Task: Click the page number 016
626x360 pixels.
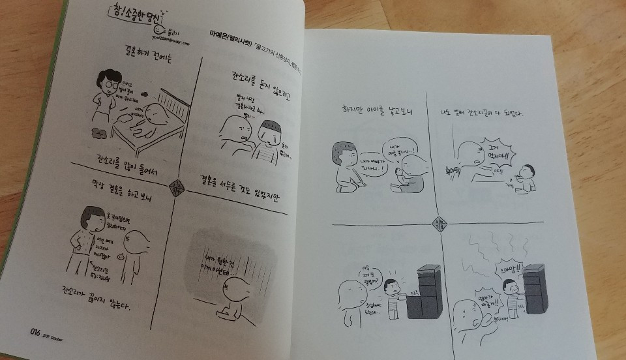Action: coord(36,331)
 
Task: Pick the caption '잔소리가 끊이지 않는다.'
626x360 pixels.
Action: coord(102,299)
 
